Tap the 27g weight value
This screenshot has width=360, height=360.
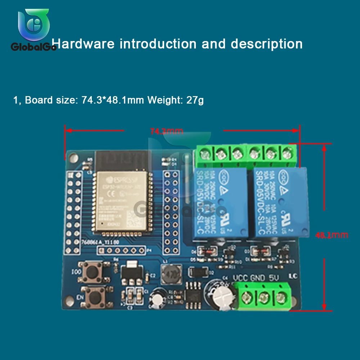(195, 100)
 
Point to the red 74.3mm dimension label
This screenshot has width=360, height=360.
(167, 131)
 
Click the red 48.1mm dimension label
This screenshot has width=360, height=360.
(332, 235)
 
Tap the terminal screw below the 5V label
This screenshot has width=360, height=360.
(281, 297)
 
